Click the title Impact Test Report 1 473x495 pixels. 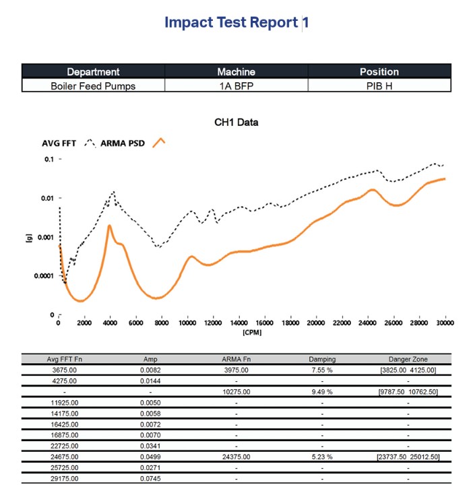click(236, 22)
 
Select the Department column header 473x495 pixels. click(93, 71)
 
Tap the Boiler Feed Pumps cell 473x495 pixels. click(93, 86)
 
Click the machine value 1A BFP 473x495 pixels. click(236, 86)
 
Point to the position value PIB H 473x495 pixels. click(379, 86)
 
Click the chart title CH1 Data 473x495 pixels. click(236, 123)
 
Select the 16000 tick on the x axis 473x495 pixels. click(264, 323)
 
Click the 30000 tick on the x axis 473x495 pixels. click(445, 323)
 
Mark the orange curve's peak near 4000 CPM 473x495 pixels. click(109, 226)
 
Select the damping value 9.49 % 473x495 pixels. click(322, 391)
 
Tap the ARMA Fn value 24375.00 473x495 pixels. click(236, 457)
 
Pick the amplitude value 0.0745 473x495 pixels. click(150, 479)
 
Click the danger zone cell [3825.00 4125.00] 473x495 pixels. click(408, 370)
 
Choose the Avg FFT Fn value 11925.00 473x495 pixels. click(65, 402)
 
